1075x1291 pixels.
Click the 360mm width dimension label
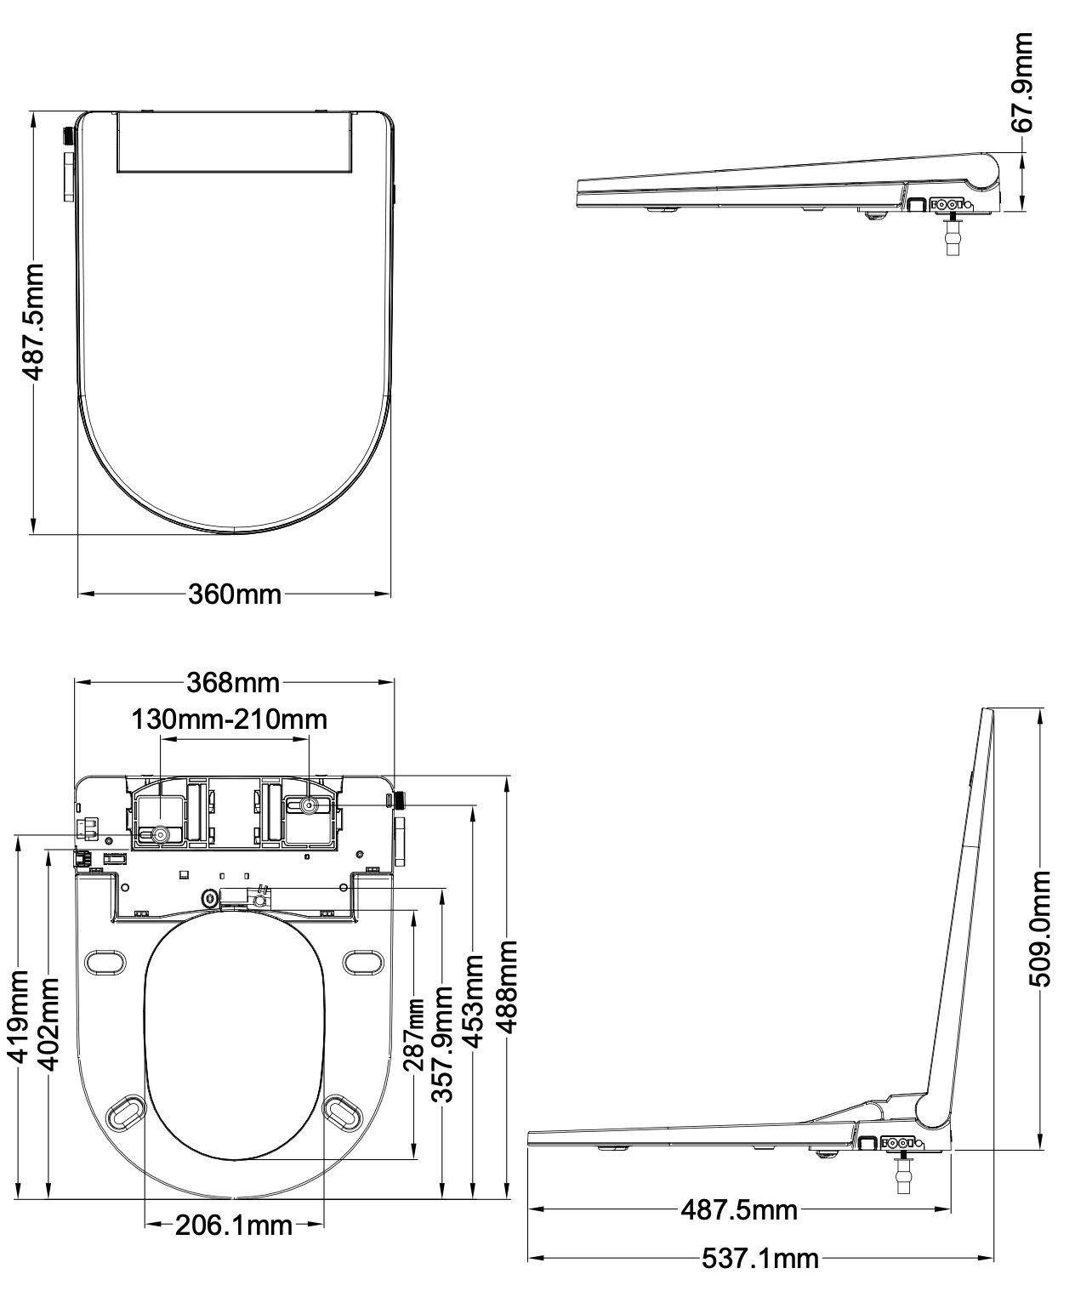[234, 594]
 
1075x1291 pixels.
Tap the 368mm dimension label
[234, 682]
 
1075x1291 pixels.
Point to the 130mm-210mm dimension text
[229, 719]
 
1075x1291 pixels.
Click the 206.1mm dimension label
[234, 1226]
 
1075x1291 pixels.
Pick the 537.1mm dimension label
[759, 1258]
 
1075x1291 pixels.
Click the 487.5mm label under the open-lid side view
[738, 1209]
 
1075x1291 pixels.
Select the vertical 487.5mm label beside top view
[32, 321]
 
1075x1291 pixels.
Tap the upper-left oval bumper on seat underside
[105, 961]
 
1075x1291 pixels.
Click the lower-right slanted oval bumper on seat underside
[345, 1111]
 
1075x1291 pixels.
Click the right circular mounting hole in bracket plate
[310, 805]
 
